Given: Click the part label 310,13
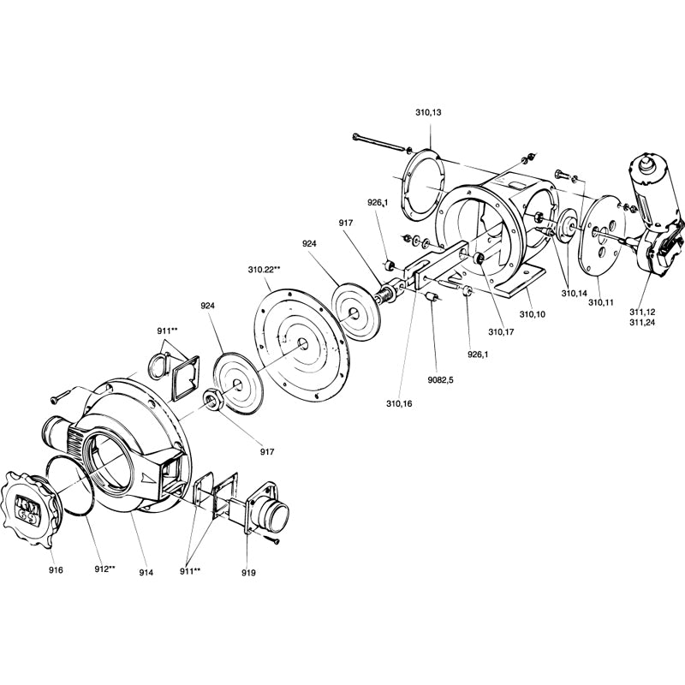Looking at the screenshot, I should click(x=428, y=112).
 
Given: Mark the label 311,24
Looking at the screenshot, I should click(x=645, y=323).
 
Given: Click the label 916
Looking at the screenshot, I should click(x=56, y=569).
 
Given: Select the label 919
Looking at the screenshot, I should click(x=248, y=572).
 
